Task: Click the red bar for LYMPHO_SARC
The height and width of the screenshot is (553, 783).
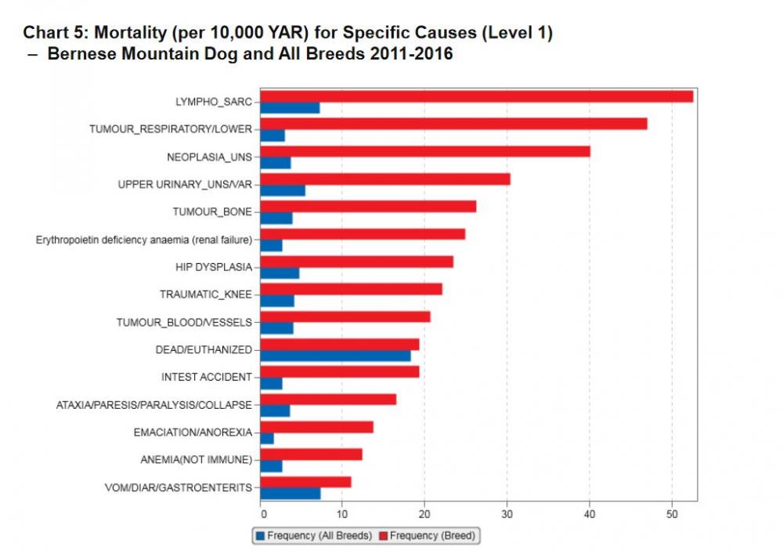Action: click(476, 96)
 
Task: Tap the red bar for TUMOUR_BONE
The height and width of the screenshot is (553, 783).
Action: click(368, 206)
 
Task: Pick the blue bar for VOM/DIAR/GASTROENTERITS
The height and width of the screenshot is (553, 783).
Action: click(290, 493)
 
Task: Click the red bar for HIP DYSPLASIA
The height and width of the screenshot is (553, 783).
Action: click(356, 262)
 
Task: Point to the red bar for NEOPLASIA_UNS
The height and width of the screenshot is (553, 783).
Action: click(424, 151)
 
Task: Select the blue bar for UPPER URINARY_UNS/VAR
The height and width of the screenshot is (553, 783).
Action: click(283, 190)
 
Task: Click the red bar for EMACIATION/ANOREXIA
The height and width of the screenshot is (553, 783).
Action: click(316, 427)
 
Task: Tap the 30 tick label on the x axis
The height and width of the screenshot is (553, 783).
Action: click(507, 514)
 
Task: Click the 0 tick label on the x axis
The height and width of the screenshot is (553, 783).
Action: click(262, 514)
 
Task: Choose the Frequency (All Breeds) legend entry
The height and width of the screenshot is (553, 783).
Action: click(313, 536)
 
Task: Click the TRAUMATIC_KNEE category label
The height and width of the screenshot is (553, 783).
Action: click(205, 295)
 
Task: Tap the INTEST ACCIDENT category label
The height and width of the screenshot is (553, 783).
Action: click(207, 377)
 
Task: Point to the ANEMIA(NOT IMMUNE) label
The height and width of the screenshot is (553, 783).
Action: click(202, 460)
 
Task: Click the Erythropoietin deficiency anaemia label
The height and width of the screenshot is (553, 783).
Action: click(144, 240)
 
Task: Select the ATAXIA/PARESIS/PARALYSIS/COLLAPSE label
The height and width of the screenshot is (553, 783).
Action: click(154, 405)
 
